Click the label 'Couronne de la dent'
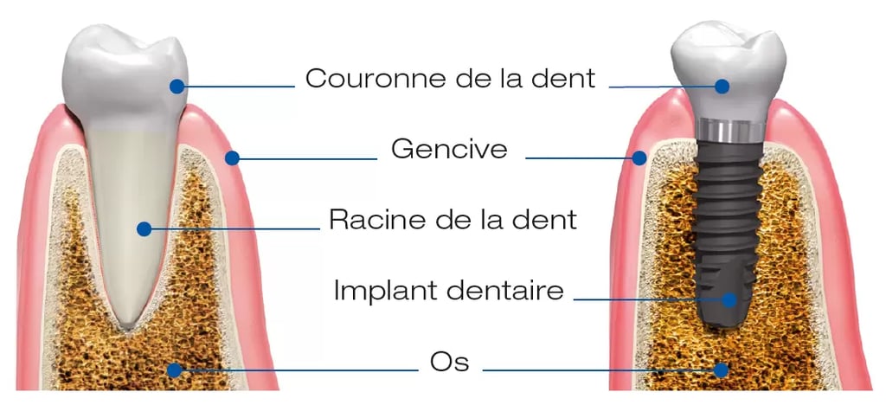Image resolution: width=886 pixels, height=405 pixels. (450, 79)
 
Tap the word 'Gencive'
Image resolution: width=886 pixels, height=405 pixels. (449, 149)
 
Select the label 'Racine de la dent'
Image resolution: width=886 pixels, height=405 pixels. (453, 219)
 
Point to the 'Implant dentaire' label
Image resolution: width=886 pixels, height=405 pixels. (448, 290)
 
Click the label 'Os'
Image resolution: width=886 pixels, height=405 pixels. (449, 361)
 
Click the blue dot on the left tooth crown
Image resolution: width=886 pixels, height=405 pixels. (177, 86)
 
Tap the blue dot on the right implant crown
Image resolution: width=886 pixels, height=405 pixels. (722, 86)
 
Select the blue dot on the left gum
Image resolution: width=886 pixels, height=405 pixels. (232, 157)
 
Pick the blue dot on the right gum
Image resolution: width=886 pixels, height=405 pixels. (639, 157)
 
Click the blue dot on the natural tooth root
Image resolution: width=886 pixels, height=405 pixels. (144, 228)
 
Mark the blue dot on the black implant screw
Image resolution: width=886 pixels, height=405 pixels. (729, 299)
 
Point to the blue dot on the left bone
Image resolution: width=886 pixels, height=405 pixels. (174, 370)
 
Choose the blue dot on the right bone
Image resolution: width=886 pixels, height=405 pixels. (721, 370)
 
